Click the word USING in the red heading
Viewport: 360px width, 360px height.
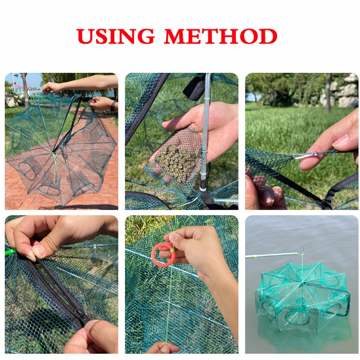(115, 36)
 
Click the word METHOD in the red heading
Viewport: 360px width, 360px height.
(221, 36)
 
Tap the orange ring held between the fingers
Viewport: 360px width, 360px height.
(163, 255)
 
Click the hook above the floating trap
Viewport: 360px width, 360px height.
(303, 251)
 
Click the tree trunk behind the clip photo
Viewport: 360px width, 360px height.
(328, 94)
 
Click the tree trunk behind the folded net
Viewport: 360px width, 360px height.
(24, 90)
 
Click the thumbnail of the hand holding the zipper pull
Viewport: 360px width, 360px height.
(89, 326)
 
